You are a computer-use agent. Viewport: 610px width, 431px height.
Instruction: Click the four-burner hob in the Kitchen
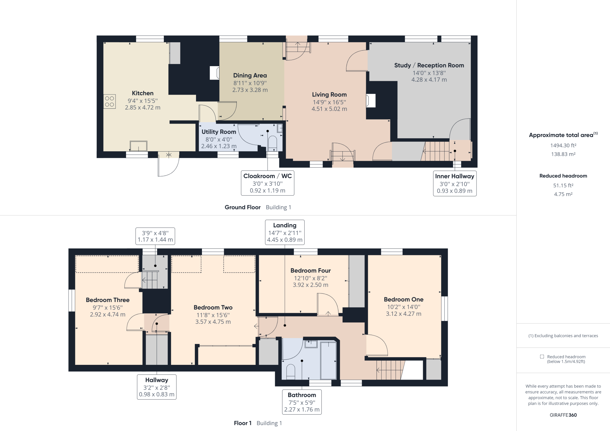(x=110, y=101)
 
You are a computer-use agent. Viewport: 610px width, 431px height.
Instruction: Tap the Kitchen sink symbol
(x=139, y=146)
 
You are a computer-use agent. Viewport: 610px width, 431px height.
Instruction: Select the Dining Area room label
(x=250, y=75)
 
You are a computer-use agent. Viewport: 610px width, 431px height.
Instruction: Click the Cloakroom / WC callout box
(x=267, y=183)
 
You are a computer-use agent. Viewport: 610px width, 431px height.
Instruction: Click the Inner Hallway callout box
(x=455, y=183)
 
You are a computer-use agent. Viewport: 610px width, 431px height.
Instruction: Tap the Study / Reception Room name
(x=429, y=65)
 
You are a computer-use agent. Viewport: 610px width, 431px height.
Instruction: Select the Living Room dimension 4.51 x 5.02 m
(x=329, y=109)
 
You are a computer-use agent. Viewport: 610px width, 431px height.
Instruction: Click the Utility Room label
(x=219, y=132)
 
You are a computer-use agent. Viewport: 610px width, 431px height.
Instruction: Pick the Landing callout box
(x=285, y=232)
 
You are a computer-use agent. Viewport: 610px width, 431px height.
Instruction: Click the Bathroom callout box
(x=302, y=402)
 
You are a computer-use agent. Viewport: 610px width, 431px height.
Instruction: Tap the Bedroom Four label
(x=310, y=270)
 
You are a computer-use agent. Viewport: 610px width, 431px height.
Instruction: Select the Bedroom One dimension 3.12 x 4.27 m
(x=403, y=314)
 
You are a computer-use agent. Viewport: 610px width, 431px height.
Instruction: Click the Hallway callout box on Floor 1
(x=157, y=387)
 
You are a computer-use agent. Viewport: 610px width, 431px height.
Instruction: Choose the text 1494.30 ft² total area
(x=563, y=145)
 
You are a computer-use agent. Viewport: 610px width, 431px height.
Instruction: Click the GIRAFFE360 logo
(x=563, y=415)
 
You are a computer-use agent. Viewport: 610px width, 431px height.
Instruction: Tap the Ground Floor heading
(x=242, y=207)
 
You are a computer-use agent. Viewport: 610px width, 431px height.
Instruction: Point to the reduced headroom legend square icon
(x=542, y=357)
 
